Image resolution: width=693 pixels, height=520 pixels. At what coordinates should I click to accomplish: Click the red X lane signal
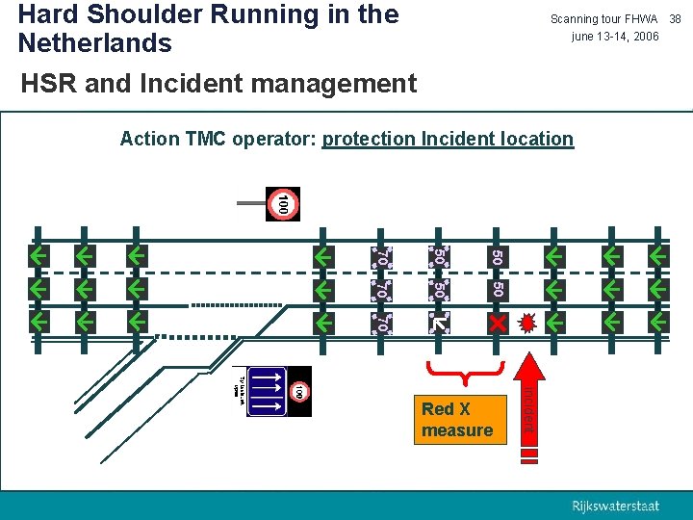click(x=498, y=323)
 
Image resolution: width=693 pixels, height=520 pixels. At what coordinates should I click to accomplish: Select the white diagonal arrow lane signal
click(x=439, y=323)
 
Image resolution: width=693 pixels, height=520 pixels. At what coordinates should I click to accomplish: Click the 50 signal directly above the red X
click(x=498, y=288)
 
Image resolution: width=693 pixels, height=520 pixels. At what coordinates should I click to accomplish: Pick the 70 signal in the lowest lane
click(x=381, y=323)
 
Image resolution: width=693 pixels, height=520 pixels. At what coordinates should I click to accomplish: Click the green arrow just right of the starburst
click(x=555, y=322)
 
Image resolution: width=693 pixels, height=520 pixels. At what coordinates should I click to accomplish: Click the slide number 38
click(x=675, y=19)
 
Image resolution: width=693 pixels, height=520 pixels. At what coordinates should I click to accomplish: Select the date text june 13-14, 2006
click(x=615, y=37)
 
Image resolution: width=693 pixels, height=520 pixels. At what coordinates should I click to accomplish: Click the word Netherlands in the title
click(x=94, y=43)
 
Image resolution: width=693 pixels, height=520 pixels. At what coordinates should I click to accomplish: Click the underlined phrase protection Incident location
click(x=448, y=139)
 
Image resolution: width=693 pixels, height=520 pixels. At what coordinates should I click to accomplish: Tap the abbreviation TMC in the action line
click(x=204, y=139)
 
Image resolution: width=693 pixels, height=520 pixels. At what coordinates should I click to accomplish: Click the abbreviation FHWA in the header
click(x=640, y=19)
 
